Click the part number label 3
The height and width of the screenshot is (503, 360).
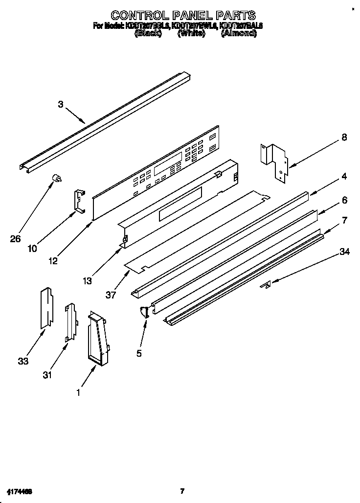pos(61,104)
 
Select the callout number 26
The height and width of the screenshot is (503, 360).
pos(16,239)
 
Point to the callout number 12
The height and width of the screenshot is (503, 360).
pos(52,261)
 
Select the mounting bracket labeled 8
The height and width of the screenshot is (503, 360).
pos(274,162)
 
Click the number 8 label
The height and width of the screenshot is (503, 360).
pos(344,137)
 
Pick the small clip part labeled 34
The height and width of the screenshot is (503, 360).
pos(267,285)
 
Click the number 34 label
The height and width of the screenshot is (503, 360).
pos(344,252)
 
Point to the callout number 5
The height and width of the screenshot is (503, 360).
pos(139,353)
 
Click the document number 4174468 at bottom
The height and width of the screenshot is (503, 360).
pos(20,491)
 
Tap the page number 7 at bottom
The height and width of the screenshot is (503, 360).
pos(182,491)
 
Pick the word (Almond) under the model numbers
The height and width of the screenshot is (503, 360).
pos(238,34)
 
